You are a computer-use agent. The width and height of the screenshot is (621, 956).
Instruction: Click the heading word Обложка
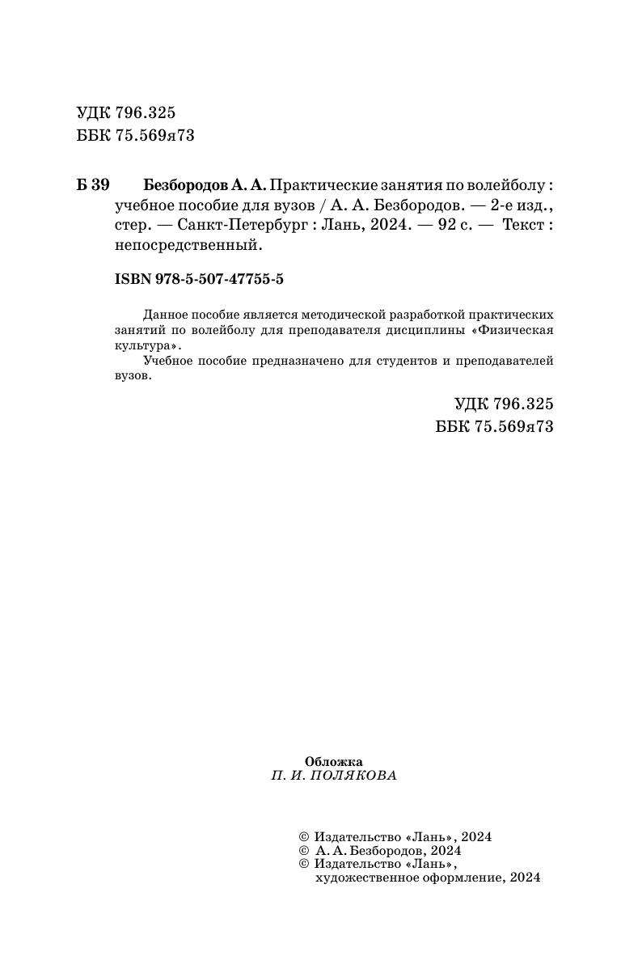pos(333,761)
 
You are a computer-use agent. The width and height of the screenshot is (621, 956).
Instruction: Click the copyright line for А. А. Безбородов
pos(380,851)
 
